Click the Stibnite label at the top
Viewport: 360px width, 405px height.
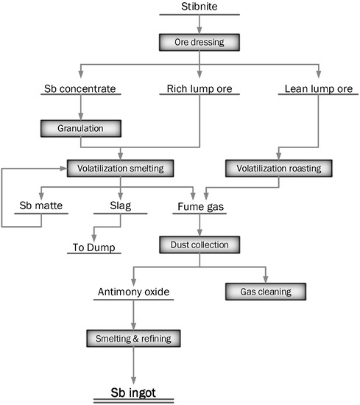coord(199,7)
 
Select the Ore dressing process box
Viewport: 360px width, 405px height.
coord(199,41)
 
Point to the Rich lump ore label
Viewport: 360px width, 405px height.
coord(199,91)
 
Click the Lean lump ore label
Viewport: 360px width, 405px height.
coord(317,91)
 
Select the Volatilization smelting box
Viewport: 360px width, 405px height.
coord(120,168)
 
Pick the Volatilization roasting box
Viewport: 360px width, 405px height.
coord(280,168)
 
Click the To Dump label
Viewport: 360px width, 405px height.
coord(93,248)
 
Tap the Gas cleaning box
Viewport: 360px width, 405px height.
coord(266,292)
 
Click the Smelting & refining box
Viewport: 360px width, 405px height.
coord(133,339)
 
